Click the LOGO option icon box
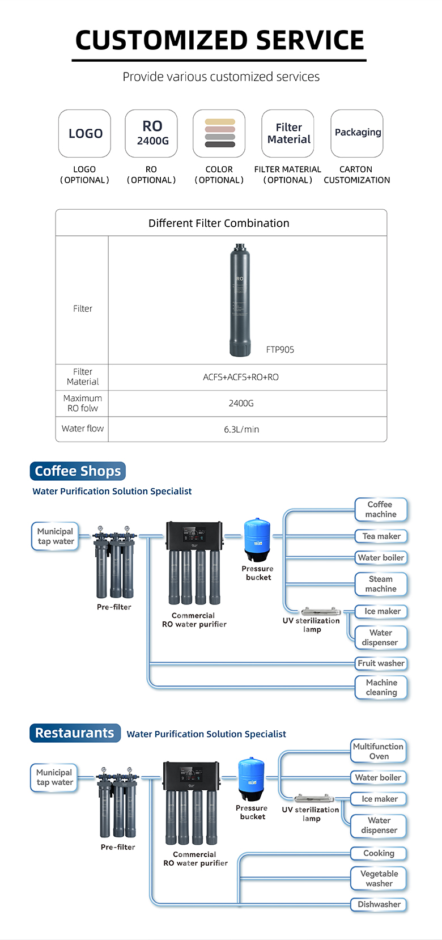pos(84,134)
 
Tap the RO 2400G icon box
pos(151,134)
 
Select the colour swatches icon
pos(219,134)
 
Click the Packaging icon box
pos(357,134)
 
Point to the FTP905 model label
pos(280,350)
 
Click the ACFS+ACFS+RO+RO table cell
pos(241,377)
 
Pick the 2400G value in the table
pos(241,403)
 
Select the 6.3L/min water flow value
pos(241,429)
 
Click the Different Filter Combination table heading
pos(219,223)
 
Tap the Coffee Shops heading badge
pos(78,471)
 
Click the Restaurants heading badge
pos(75,733)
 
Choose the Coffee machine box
pos(380,509)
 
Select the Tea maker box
pos(381,536)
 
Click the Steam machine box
pos(381,584)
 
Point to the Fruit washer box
pos(381,663)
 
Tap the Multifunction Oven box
pos(378,751)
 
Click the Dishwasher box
pos(379,904)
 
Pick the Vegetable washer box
pos(379,878)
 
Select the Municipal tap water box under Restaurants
pos(54,777)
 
